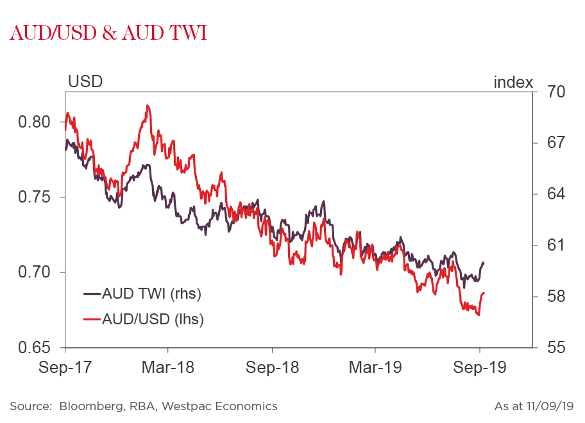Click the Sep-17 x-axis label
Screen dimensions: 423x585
pos(65,368)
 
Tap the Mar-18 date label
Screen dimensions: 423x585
pos(168,368)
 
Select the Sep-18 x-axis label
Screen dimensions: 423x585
pos(272,368)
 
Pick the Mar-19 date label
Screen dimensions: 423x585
pos(375,368)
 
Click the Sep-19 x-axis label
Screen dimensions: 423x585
pos(479,368)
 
